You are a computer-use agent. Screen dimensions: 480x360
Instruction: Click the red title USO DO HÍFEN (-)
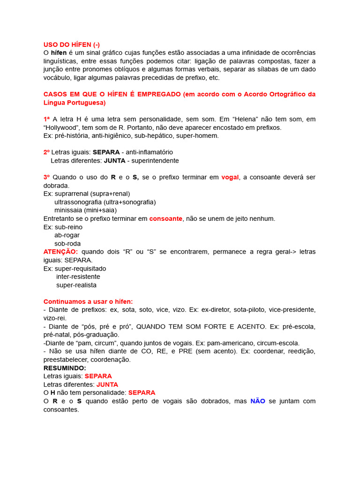tap(71, 45)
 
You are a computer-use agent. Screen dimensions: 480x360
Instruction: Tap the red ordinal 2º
tap(46, 152)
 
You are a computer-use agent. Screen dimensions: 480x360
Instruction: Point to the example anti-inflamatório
tap(149, 152)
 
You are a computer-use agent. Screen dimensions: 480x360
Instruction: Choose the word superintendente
tap(155, 161)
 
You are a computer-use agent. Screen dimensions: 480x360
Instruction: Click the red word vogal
tap(230, 177)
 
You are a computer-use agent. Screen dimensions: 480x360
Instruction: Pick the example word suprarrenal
tap(74, 194)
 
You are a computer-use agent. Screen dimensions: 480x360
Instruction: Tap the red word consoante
tap(165, 219)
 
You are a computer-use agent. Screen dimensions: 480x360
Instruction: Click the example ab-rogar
tap(67, 235)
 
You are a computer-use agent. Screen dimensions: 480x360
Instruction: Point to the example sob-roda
tap(67, 244)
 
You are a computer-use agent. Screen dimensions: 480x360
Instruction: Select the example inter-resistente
tap(78, 277)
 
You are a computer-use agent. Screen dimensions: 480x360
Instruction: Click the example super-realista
tap(76, 285)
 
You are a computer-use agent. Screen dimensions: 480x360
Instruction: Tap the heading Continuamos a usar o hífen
tap(88, 301)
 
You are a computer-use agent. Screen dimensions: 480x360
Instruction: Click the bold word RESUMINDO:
tap(65, 368)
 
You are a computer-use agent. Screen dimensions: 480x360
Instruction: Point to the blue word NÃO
tap(258, 401)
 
